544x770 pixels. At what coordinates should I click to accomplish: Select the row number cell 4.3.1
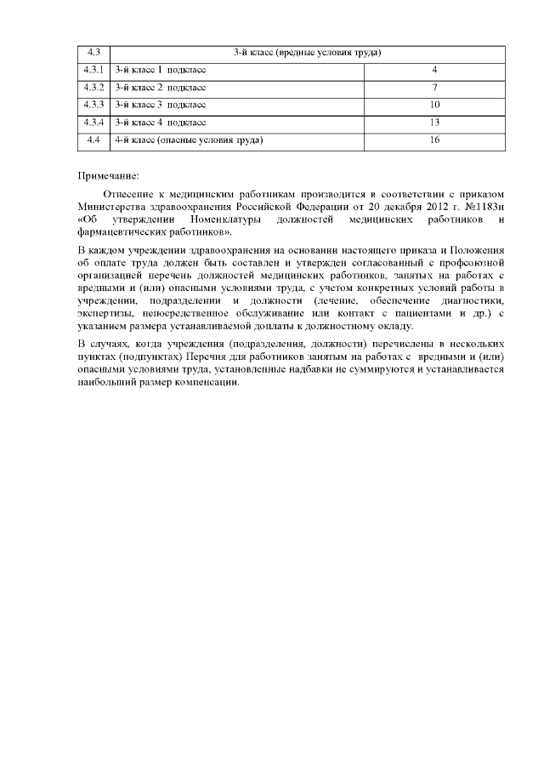point(93,70)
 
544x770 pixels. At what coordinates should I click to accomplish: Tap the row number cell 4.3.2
point(93,88)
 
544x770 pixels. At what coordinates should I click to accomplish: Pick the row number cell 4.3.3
point(93,105)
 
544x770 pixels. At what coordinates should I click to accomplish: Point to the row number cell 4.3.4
point(93,123)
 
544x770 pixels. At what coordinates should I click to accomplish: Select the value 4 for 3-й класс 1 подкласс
point(434,70)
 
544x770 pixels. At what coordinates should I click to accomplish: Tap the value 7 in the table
point(434,88)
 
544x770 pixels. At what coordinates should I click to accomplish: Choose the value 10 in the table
point(434,105)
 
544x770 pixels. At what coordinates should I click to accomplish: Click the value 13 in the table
point(434,123)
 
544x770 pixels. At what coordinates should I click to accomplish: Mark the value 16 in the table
point(434,140)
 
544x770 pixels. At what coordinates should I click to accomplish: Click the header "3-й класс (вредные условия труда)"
point(307,53)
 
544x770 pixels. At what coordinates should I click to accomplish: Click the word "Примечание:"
point(107,175)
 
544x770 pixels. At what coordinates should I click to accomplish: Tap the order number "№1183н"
point(486,206)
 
